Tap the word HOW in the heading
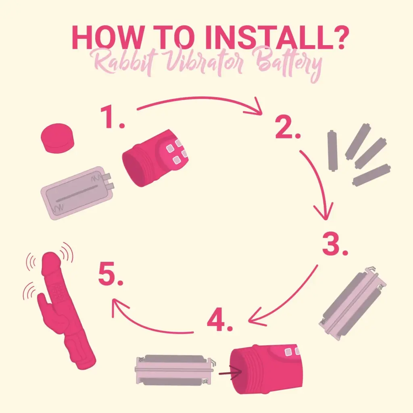(107, 38)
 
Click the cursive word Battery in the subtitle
(288, 64)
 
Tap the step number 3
(335, 244)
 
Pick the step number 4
(220, 319)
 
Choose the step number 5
(111, 274)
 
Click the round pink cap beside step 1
(57, 138)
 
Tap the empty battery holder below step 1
(77, 193)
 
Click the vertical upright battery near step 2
(333, 150)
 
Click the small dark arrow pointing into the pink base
(230, 372)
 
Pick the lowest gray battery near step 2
(371, 175)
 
